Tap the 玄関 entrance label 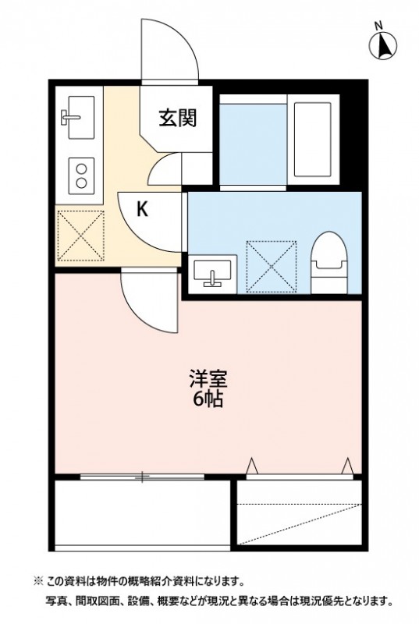177,118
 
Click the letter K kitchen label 143,208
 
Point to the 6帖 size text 209,402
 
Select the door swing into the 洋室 148,300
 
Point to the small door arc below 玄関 165,168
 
